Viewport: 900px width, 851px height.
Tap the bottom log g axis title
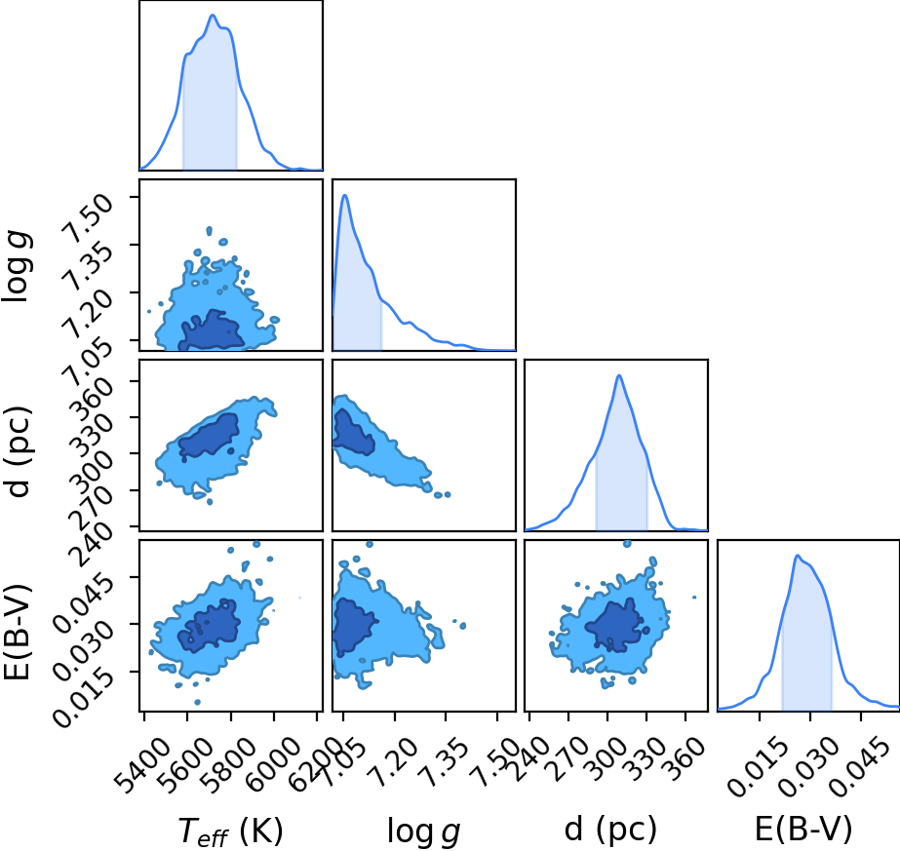[x=423, y=831]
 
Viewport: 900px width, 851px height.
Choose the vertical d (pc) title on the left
[x=18, y=451]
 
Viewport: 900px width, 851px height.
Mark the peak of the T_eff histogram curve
[x=213, y=16]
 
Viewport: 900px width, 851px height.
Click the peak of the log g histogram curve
[x=345, y=195]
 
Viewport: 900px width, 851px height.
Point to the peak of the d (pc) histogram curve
[x=619, y=375]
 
